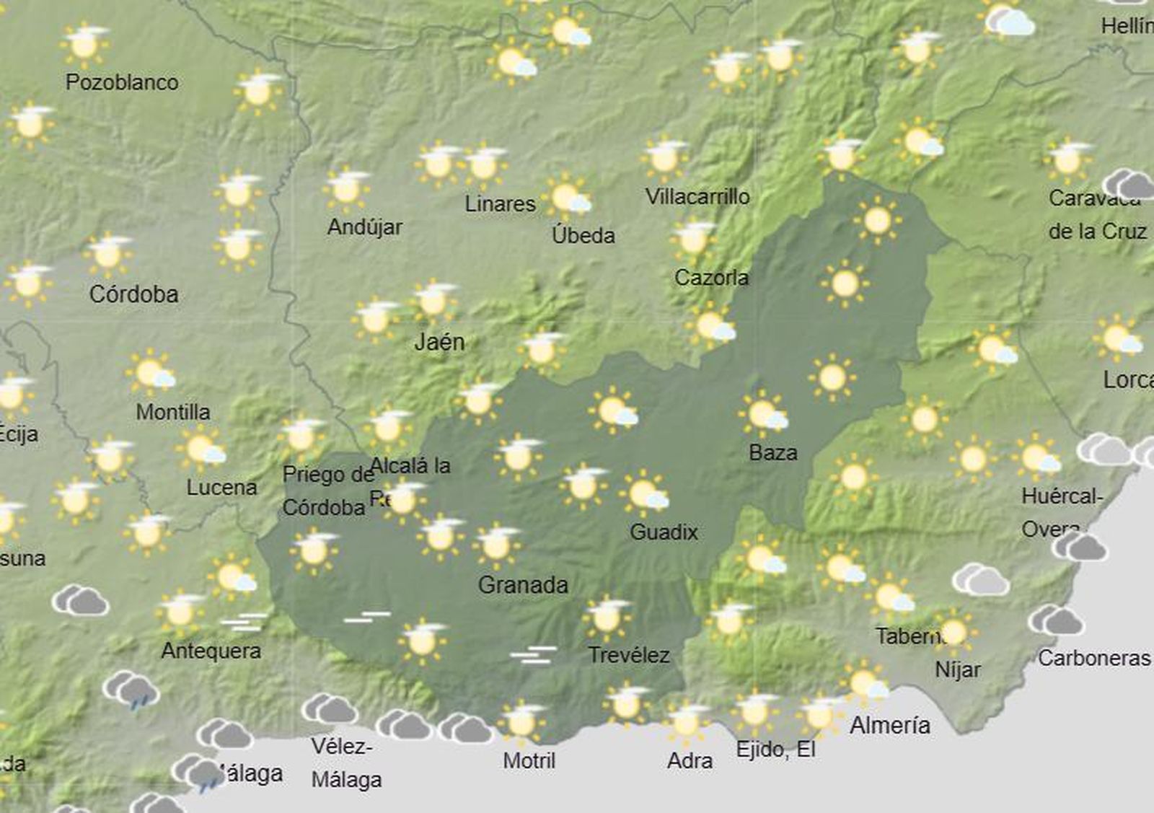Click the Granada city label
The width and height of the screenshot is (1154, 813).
point(523,585)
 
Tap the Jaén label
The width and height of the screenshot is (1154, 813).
point(439,342)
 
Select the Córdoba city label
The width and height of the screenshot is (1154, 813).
point(134,294)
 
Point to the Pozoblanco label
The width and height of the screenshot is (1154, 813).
point(122,82)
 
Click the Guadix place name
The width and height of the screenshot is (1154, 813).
point(664,532)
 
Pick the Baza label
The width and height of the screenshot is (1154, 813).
point(773,453)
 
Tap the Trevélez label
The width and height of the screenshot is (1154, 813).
point(629,655)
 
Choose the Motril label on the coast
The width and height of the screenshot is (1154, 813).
point(529,760)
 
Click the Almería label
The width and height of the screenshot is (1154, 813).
point(890,725)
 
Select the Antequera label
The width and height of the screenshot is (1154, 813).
point(211,651)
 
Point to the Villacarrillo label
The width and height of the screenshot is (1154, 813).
point(697,196)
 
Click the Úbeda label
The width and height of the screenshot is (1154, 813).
point(583,235)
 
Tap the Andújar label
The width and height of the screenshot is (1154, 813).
point(365,227)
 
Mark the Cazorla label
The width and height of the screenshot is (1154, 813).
point(711,277)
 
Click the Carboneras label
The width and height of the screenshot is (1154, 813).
point(1094,658)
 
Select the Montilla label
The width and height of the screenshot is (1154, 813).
point(173,412)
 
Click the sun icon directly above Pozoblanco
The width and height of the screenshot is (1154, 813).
point(85,45)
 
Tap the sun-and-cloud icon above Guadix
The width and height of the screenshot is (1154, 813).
point(643,493)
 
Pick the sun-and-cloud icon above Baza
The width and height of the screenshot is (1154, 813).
point(764,414)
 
